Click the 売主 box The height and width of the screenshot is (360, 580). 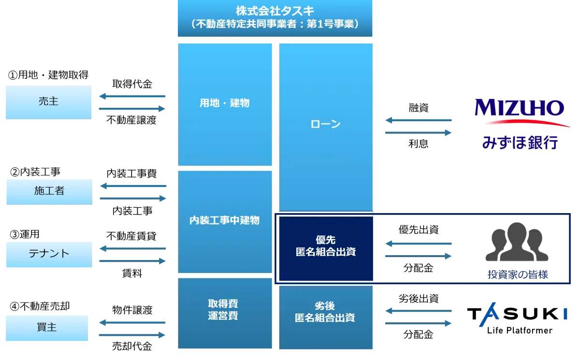[48, 102]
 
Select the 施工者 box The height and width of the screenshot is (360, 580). [48, 191]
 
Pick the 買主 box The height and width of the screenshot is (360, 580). [47, 328]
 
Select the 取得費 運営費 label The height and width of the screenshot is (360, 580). [223, 310]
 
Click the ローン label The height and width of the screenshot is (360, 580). [325, 124]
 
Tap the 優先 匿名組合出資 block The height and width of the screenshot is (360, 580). [325, 246]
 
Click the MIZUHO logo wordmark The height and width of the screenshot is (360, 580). [519, 108]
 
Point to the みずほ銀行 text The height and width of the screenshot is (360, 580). [520, 142]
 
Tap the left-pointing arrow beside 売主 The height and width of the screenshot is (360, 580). [131, 97]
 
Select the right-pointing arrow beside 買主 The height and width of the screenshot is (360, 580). [131, 334]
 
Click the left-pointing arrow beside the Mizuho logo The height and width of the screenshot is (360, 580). [418, 120]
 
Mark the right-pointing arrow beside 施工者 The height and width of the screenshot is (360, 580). [133, 198]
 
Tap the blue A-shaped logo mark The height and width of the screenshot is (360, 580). [489, 314]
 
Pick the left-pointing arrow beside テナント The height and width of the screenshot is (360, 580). [131, 249]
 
